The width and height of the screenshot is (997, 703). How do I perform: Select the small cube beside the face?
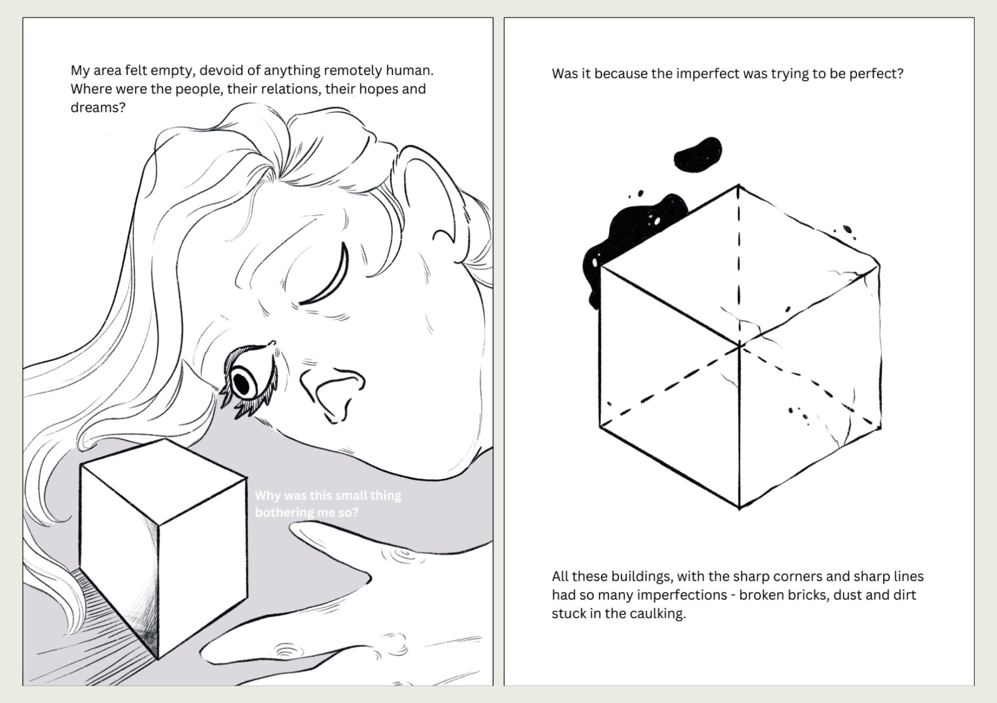coord(164,548)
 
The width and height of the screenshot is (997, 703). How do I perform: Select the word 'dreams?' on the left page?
coord(98,107)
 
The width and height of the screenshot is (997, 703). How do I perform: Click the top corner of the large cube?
coord(738,185)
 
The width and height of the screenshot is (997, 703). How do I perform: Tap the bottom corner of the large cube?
coord(739,508)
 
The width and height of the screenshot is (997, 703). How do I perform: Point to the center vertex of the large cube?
coord(739,345)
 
